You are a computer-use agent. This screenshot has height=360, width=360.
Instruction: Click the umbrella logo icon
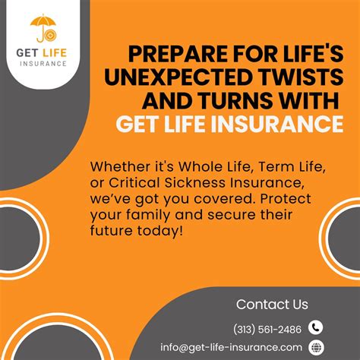tap(41, 28)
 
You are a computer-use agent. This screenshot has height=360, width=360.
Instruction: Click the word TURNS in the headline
tap(252, 100)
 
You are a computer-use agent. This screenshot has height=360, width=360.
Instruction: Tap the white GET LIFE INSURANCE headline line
tap(228, 123)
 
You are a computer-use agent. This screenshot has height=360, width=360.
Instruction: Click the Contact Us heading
tap(272, 305)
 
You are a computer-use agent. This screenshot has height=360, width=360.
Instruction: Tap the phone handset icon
tap(316, 327)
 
